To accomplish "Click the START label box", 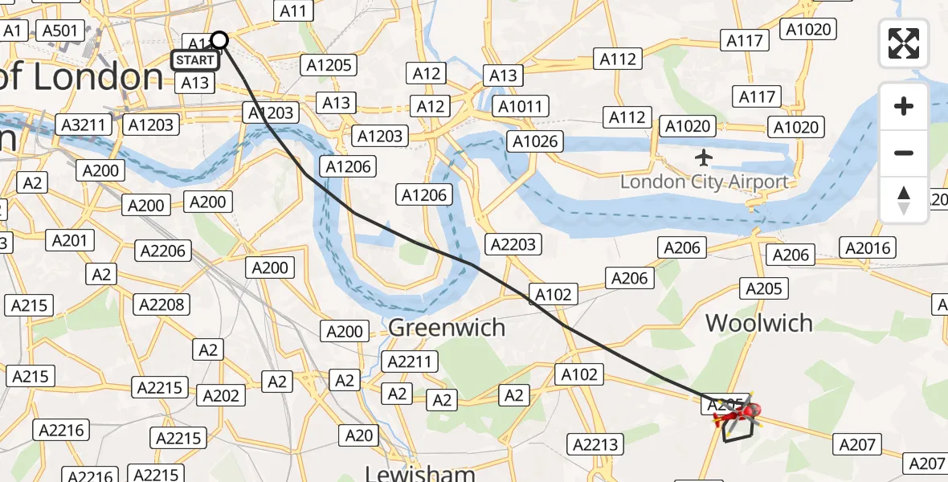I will point(195,60).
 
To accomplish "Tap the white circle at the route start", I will point(219,40).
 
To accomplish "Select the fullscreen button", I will point(904,43).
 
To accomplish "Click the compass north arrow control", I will point(904,200).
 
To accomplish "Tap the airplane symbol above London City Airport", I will point(705,157).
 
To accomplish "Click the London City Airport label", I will point(704,182).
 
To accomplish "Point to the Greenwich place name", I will point(447,328).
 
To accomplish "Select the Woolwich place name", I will point(759,323).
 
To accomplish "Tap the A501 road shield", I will point(60,31).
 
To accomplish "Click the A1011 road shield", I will point(522,106).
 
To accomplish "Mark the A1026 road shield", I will point(536,142).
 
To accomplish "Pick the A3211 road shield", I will point(83,125).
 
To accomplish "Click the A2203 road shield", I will point(514,244).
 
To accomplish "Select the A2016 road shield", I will point(868,248).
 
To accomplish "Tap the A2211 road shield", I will point(410,362).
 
